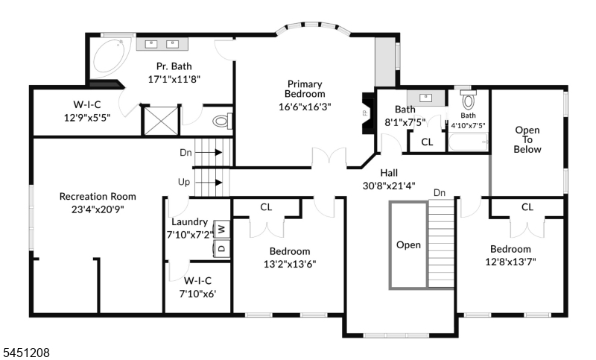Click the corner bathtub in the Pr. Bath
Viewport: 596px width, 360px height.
(x=107, y=57)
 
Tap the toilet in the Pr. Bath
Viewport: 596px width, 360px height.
(x=222, y=121)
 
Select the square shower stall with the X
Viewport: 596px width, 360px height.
(x=161, y=121)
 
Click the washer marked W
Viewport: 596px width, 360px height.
(x=221, y=229)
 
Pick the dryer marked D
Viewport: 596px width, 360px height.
(x=221, y=248)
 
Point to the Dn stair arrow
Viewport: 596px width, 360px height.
(x=213, y=153)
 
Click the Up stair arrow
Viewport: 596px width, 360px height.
(x=213, y=183)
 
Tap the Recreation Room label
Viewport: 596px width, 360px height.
(x=98, y=197)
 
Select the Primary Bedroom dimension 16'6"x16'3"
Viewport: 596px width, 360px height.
(x=305, y=107)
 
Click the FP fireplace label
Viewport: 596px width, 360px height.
(x=365, y=113)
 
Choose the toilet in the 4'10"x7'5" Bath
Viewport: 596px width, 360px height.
(x=469, y=100)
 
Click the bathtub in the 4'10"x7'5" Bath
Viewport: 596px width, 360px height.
(x=469, y=142)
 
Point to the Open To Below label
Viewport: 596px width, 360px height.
(x=527, y=139)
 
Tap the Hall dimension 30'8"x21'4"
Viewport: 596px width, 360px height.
(x=389, y=186)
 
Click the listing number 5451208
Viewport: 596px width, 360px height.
(x=25, y=353)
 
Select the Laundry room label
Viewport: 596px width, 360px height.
(x=190, y=221)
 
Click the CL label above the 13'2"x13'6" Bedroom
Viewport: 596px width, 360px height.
(x=266, y=207)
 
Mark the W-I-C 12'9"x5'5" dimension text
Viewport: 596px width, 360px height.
(x=87, y=118)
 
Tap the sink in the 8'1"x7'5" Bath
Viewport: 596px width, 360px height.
(x=425, y=98)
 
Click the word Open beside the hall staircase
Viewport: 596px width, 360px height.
(x=408, y=244)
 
